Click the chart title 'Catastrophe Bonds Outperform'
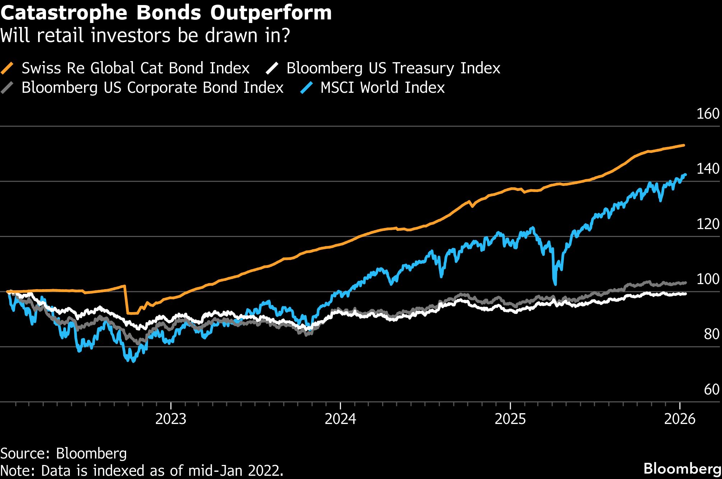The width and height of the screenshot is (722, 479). click(166, 13)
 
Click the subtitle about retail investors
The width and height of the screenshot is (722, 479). click(145, 36)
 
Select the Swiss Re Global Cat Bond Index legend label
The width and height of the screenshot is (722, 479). click(135, 68)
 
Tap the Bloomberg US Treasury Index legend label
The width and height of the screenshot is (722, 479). click(393, 68)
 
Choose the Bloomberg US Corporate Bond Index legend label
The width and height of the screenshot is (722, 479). click(152, 88)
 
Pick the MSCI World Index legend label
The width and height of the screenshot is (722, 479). click(382, 88)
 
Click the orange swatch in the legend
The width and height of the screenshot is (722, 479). click(7, 68)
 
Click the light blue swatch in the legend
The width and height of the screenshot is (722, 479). click(307, 88)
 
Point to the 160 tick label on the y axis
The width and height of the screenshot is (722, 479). click(708, 114)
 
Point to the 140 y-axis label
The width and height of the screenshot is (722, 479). click(708, 169)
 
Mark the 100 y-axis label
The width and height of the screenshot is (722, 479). click(708, 279)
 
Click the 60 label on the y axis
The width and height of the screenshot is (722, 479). click(711, 389)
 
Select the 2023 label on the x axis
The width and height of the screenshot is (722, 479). click(171, 419)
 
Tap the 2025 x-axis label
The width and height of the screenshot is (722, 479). click(510, 419)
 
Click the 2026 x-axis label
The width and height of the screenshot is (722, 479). click(680, 419)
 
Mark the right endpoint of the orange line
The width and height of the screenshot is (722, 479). click(684, 145)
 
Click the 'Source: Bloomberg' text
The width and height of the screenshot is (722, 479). click(64, 453)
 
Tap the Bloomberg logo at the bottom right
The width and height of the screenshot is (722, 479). click(682, 469)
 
